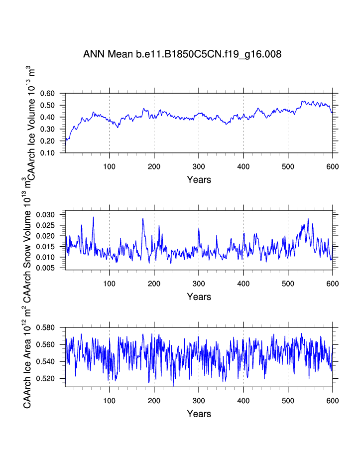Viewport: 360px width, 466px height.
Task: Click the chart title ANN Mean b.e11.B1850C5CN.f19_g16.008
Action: [182, 54]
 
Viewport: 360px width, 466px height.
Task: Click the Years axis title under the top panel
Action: [199, 179]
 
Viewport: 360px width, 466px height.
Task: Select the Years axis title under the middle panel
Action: [199, 297]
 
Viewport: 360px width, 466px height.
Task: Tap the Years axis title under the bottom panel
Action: [199, 414]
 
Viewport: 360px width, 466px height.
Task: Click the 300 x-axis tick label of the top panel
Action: [199, 166]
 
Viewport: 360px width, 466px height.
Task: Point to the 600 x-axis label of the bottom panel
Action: [332, 400]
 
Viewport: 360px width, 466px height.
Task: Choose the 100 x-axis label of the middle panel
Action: [110, 283]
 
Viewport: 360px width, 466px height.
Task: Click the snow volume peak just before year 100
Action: [93, 218]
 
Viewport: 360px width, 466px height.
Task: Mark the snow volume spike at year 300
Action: [199, 229]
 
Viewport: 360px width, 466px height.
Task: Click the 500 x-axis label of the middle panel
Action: [288, 283]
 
